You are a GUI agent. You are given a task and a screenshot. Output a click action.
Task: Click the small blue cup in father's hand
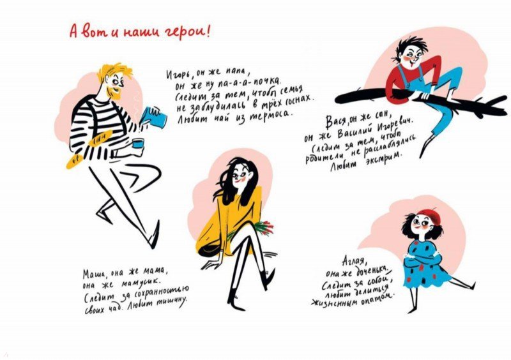[x=138, y=143]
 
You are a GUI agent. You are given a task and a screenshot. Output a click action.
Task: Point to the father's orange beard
[x=116, y=92]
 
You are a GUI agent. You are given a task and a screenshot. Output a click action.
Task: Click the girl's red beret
[x=430, y=215]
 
